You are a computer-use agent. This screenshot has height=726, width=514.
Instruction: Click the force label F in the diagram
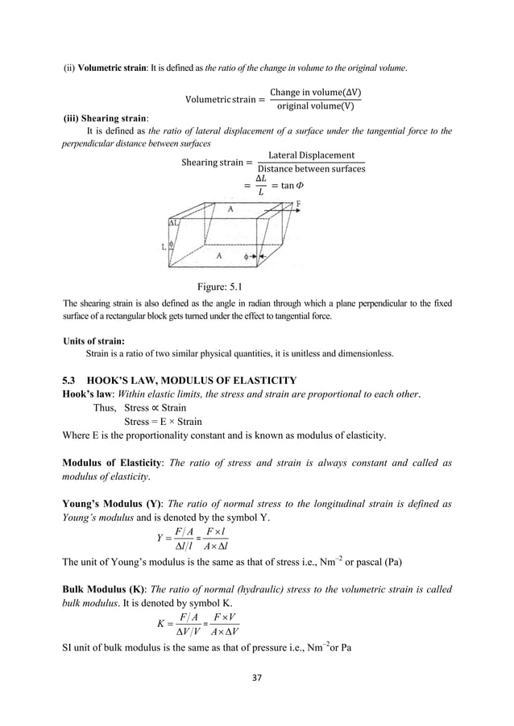[x=300, y=204]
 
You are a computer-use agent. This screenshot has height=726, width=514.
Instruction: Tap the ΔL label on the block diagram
[x=173, y=221]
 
